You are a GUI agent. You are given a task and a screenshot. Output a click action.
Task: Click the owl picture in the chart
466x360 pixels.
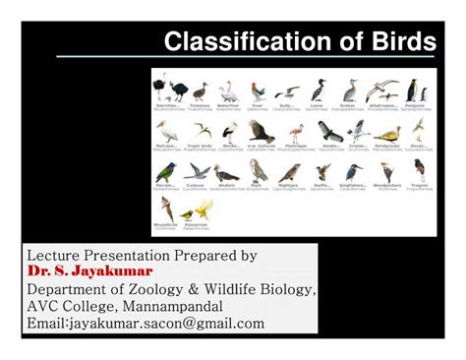(x=258, y=171)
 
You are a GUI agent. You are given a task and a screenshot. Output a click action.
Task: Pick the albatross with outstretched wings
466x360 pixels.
(x=382, y=90)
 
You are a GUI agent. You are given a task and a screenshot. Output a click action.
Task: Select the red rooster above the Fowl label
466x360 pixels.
(x=258, y=91)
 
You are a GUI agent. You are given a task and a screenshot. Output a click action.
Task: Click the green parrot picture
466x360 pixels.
(x=166, y=171)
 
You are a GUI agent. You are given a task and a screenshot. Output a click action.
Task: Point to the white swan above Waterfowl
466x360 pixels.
(x=228, y=91)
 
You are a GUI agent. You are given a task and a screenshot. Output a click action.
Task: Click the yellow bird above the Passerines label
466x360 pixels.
(x=204, y=209)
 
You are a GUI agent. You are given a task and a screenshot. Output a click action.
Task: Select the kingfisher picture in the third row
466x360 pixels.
(x=351, y=171)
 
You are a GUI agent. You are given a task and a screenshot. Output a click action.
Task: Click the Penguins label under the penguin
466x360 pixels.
(x=413, y=104)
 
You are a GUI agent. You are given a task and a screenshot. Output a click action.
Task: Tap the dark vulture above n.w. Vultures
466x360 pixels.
(x=260, y=131)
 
